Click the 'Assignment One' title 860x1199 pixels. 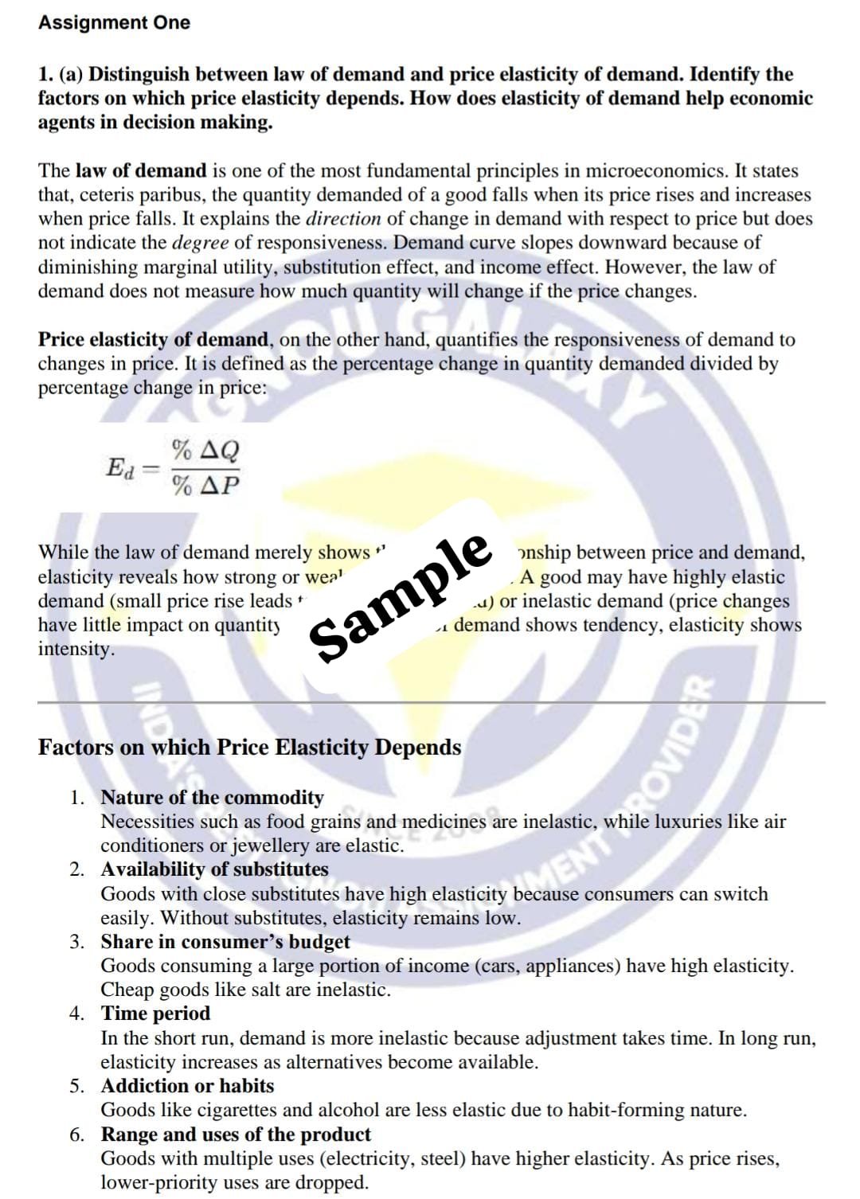(114, 22)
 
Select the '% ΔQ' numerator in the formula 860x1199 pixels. (205, 451)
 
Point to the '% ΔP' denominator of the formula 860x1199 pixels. (205, 485)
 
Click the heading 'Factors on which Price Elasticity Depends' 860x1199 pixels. (249, 748)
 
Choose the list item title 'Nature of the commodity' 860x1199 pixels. (212, 797)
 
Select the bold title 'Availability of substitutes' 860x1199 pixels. (214, 869)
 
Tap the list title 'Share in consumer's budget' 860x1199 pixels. (225, 941)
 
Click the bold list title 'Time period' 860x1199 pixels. (155, 1013)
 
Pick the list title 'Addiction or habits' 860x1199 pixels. (187, 1085)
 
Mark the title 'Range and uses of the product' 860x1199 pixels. (236, 1134)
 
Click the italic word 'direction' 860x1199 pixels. (343, 218)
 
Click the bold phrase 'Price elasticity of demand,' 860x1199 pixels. (156, 339)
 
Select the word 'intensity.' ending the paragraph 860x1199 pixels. (76, 648)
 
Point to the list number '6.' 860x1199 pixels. (76, 1135)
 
